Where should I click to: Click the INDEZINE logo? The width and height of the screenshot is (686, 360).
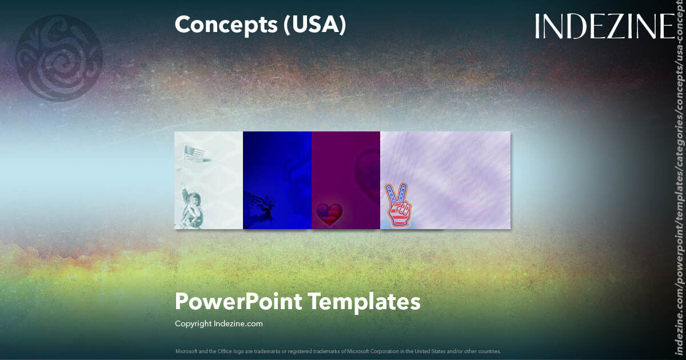click(x=604, y=27)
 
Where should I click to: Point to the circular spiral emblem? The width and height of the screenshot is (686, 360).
click(x=59, y=59)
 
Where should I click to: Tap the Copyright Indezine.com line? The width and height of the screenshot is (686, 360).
click(x=218, y=324)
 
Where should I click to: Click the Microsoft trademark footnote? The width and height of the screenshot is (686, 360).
click(x=338, y=351)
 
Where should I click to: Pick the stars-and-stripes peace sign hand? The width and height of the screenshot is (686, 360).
click(x=400, y=205)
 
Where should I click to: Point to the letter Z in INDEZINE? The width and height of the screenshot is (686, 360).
click(x=612, y=27)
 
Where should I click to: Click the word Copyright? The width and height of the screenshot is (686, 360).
click(x=193, y=324)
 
